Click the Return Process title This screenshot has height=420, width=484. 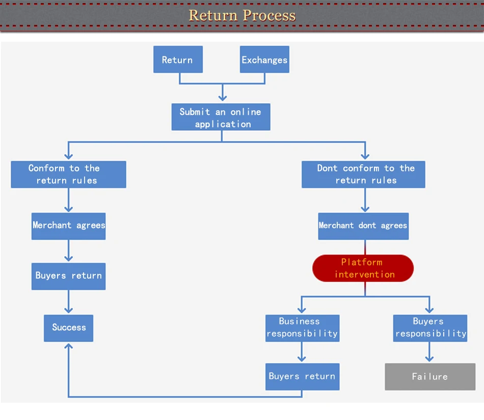pyautogui.click(x=242, y=15)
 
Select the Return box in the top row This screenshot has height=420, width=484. pyautogui.click(x=178, y=59)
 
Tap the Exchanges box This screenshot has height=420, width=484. pyautogui.click(x=264, y=59)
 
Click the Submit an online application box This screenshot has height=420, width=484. pyautogui.click(x=221, y=117)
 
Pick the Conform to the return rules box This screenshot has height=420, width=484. pyautogui.click(x=69, y=174)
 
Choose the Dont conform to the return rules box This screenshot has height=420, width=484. pyautogui.click(x=363, y=174)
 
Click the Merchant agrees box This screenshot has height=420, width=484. pyautogui.click(x=69, y=226)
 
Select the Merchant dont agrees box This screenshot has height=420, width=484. pyautogui.click(x=363, y=226)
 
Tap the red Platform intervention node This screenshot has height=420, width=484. pyautogui.click(x=363, y=268)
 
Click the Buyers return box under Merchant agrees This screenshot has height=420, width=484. pyautogui.click(x=69, y=277)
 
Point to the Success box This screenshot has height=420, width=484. pyautogui.click(x=69, y=328)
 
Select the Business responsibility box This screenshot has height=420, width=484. pyautogui.click(x=303, y=328)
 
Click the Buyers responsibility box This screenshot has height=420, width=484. pyautogui.click(x=430, y=328)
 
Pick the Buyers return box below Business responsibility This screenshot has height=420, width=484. pyautogui.click(x=303, y=377)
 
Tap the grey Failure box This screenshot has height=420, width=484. pyautogui.click(x=430, y=377)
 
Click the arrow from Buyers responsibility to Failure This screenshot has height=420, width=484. pyautogui.click(x=429, y=352)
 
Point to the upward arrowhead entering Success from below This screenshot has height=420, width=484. pyautogui.click(x=69, y=346)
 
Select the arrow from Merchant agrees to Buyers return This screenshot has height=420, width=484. pyautogui.click(x=69, y=251)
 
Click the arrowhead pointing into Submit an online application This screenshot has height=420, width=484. pyautogui.click(x=223, y=98)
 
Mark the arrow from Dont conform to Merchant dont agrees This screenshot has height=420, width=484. pyautogui.click(x=365, y=200)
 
